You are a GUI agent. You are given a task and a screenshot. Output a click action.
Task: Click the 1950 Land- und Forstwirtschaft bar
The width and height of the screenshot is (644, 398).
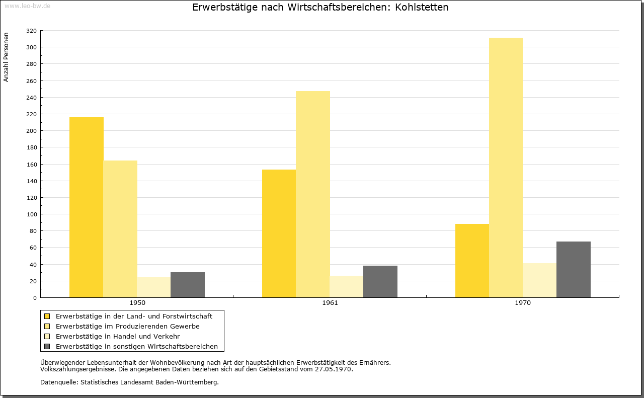pos(86,207)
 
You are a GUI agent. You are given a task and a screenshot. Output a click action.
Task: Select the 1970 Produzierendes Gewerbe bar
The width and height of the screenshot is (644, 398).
pos(506,168)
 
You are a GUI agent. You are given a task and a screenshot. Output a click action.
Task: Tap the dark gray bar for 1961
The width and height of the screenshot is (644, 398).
pos(380,282)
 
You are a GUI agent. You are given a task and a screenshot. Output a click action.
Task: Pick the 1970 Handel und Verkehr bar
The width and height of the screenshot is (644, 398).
pos(540,280)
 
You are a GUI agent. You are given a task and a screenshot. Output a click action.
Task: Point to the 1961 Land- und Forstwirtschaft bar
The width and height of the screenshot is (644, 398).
pos(279,233)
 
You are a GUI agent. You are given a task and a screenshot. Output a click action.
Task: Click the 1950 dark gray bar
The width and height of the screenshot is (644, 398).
pos(188,285)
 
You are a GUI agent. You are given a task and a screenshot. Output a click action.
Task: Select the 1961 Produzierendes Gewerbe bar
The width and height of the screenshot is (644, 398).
pos(313,194)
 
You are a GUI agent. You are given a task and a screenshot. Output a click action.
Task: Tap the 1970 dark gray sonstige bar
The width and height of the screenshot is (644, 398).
pos(574,270)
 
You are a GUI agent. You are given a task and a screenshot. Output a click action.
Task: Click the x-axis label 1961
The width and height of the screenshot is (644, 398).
pos(330,303)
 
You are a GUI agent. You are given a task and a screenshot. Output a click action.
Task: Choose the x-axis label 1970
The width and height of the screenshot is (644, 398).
pos(523,303)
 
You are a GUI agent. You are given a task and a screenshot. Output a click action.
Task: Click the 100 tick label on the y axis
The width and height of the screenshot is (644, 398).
pos(32,214)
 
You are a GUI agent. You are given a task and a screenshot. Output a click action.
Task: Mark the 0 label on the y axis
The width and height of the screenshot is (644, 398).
pos(35,298)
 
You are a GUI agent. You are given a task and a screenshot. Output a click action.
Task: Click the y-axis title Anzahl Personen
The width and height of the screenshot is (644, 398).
pos(6,57)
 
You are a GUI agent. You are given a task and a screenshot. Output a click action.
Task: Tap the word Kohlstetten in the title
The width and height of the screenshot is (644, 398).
pos(422,7)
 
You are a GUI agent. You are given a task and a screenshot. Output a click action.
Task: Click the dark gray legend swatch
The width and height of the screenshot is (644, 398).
pos(47,347)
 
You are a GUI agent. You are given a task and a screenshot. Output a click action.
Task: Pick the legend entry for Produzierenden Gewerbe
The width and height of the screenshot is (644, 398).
pos(128,327)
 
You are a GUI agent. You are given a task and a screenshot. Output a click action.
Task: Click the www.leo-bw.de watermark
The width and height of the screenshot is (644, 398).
pos(28,6)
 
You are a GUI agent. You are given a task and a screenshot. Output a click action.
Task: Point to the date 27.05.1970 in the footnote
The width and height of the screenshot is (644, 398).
pos(333,369)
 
